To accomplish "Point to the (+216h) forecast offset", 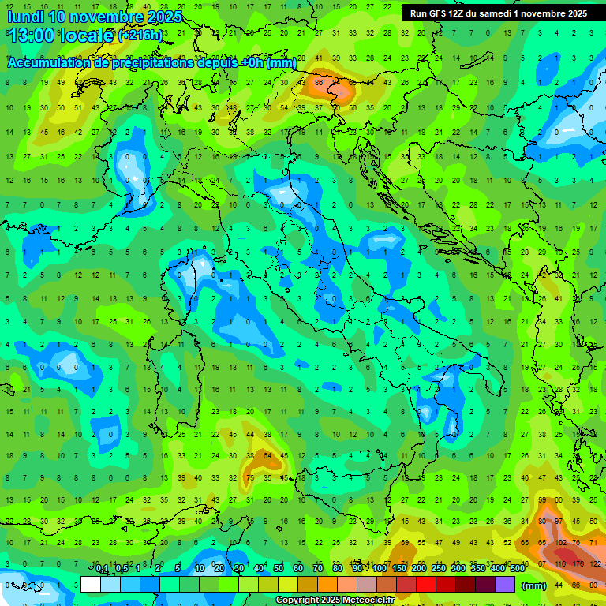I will coord(140,36).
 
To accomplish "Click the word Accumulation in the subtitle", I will coord(49,63).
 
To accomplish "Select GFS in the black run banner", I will coord(439,13).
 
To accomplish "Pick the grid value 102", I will coord(561,543).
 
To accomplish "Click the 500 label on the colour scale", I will coord(517,569).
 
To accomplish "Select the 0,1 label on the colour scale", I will coord(102,569).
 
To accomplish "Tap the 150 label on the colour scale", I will coord(399,569).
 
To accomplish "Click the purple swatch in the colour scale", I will coord(505,585).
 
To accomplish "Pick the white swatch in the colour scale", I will coord(91,585).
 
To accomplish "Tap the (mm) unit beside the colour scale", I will coord(534,585).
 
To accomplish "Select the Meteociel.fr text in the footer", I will coord(366,600).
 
